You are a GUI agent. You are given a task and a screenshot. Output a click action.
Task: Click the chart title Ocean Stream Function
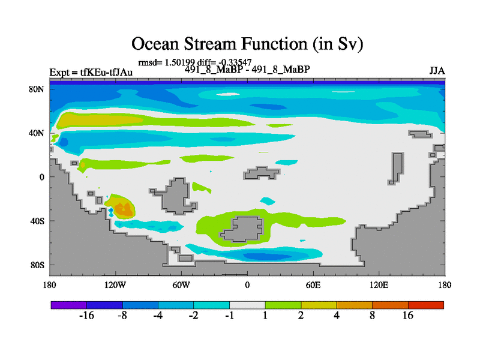247,44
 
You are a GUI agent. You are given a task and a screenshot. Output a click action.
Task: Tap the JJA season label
437,71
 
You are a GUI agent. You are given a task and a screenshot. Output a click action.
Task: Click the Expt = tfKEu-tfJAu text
91,72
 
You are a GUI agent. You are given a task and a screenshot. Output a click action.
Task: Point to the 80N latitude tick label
37,89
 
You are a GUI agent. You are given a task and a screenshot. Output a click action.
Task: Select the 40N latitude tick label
37,133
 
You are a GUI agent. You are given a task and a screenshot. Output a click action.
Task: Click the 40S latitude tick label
37,221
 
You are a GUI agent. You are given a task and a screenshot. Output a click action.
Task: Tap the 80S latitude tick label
37,265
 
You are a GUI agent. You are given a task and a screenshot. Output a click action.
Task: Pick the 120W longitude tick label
115,286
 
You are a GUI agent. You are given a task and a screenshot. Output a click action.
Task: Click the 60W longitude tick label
181,286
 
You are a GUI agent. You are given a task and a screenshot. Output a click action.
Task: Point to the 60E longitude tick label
313,286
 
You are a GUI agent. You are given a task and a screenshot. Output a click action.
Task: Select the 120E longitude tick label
379,286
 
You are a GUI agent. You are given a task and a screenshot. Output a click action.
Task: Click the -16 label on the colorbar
86,316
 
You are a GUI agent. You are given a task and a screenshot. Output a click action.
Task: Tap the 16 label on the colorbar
408,316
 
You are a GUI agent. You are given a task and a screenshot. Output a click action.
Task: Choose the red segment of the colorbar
426,305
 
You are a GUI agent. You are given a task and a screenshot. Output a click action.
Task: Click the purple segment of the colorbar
69,305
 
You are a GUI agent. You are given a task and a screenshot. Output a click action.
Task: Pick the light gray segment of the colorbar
247,305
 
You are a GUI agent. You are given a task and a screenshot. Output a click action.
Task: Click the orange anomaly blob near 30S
124,209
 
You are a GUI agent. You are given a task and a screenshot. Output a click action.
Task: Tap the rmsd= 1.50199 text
167,62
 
